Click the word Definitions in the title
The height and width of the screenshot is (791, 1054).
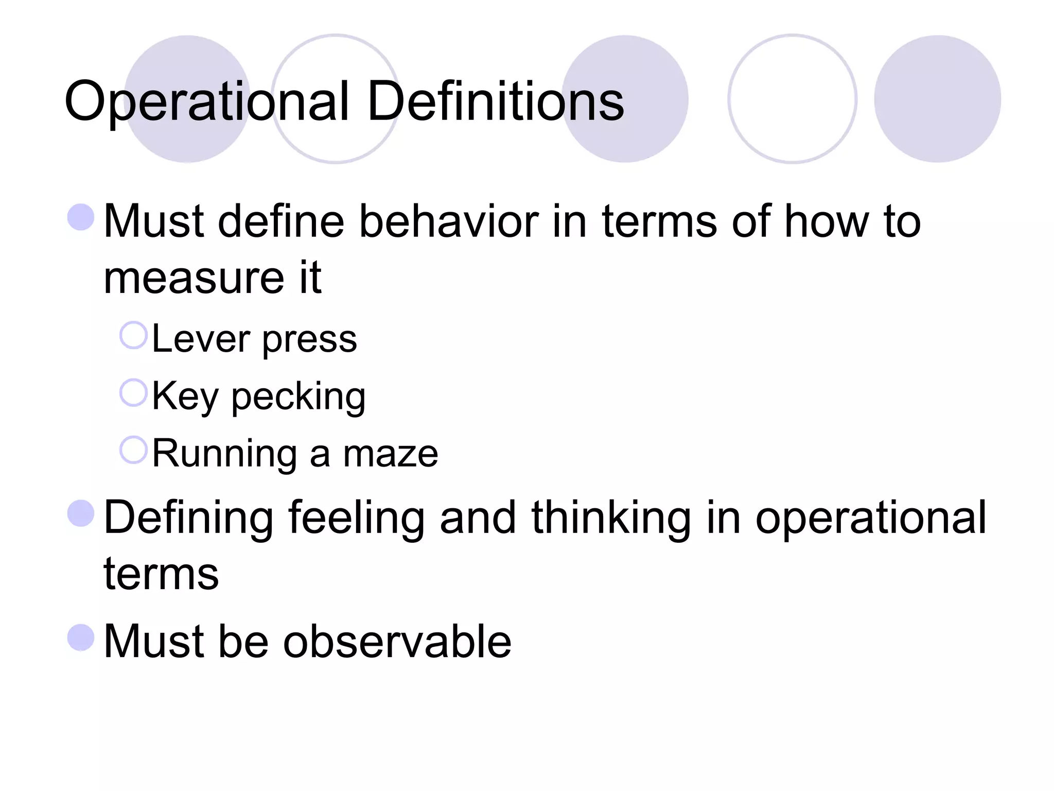tap(496, 101)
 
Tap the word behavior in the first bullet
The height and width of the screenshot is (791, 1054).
tap(448, 221)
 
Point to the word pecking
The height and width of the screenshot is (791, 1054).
tap(298, 397)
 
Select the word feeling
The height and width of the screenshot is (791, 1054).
tap(356, 518)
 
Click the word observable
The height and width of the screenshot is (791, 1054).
tap(397, 641)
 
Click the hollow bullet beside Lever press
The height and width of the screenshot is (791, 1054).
tap(134, 336)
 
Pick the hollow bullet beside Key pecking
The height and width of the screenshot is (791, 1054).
tap(134, 393)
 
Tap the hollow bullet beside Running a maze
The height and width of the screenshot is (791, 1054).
tap(134, 450)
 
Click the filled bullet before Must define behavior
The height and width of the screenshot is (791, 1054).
tap(81, 217)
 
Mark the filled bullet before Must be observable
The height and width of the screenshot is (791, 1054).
tap(81, 637)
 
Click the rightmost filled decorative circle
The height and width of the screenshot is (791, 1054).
tap(937, 99)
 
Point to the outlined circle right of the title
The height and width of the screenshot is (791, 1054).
tap(792, 99)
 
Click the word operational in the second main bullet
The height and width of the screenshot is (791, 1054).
tap(870, 518)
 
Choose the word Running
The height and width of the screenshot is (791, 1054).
tap(224, 454)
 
